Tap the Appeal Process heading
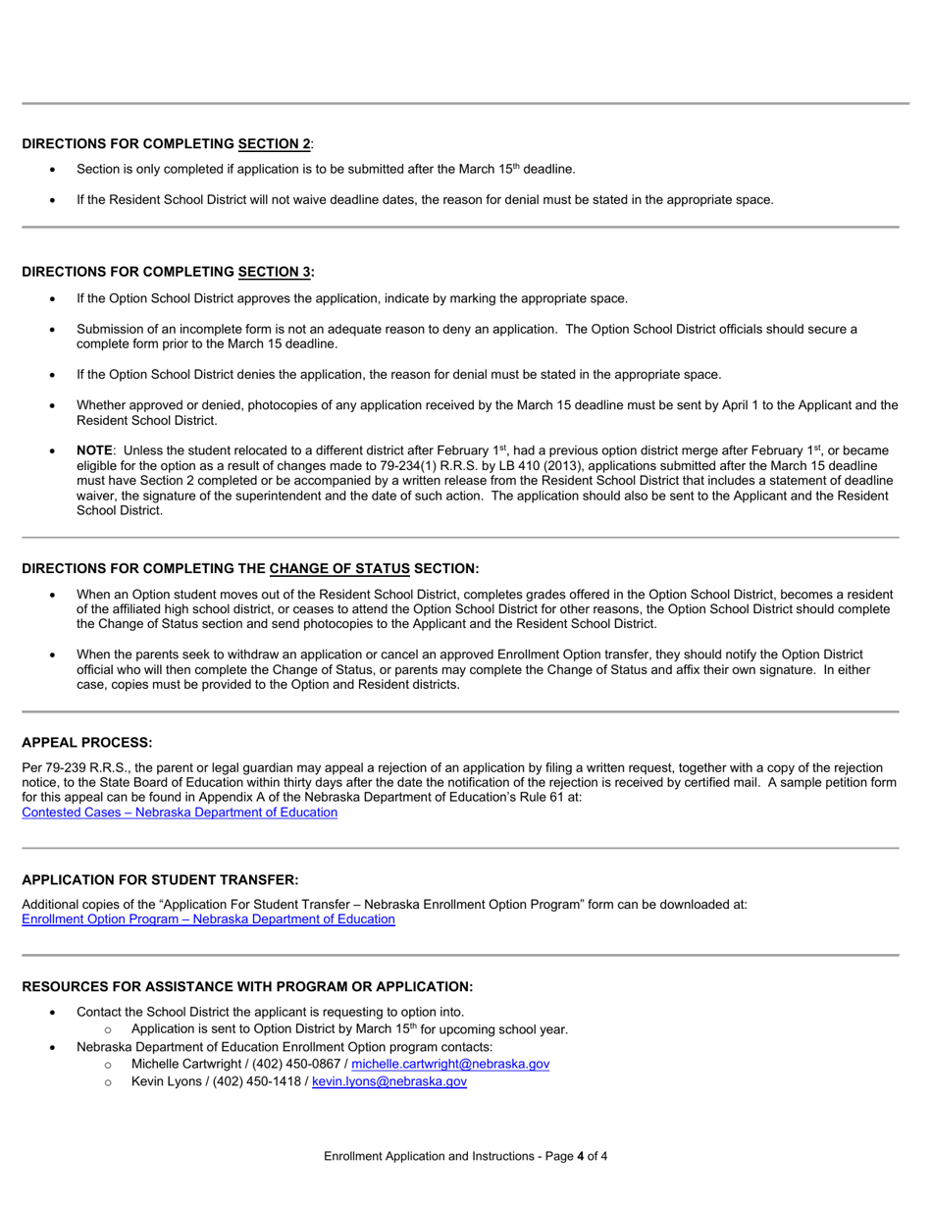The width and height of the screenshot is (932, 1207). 86,742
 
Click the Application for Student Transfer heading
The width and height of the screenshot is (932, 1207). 160,879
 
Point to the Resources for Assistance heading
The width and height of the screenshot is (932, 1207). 247,986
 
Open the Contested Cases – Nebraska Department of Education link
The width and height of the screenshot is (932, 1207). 180,813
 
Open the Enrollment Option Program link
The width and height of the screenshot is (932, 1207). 208,919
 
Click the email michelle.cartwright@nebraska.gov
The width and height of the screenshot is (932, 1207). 450,1064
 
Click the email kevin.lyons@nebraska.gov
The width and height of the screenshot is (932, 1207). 388,1081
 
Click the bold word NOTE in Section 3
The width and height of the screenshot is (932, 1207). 94,449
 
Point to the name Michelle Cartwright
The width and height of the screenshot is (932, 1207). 187,1064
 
